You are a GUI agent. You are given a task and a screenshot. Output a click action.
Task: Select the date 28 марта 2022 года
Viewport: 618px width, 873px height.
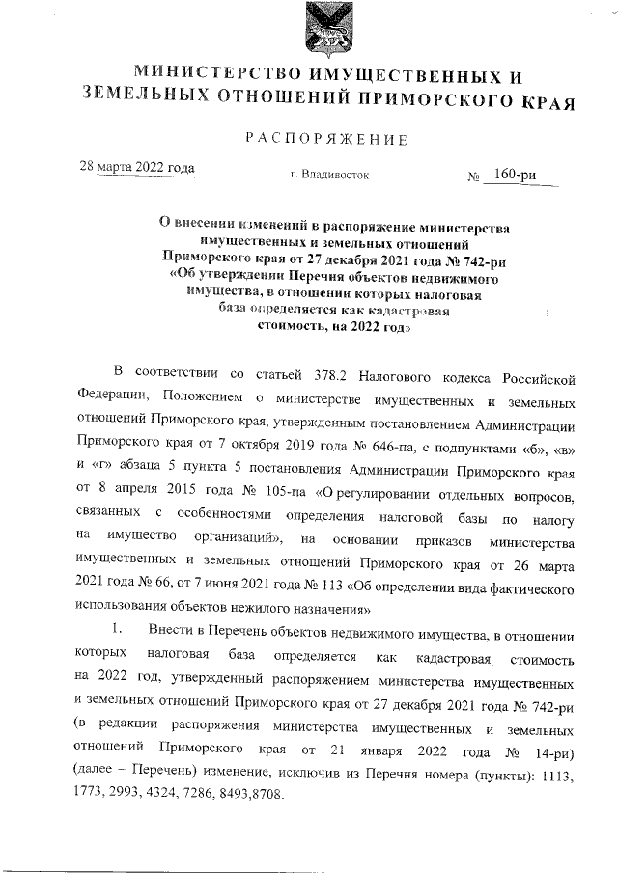tap(136, 167)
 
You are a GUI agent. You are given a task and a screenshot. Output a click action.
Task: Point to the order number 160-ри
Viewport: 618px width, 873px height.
tap(515, 175)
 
